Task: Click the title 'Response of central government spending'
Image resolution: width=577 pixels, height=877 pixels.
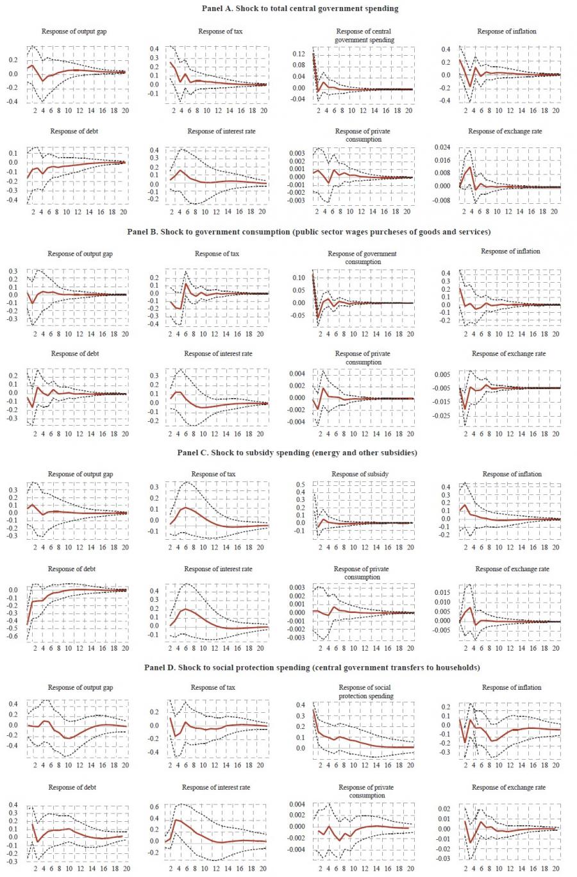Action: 364,35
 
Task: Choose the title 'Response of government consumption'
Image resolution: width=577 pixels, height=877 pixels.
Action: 362,258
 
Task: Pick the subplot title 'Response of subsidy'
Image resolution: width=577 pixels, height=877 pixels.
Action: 360,474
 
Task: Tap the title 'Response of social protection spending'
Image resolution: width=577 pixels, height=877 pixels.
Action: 364,692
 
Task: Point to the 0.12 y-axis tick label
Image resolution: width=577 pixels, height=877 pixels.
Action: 299,54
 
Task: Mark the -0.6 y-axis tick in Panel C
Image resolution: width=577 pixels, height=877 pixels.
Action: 12,637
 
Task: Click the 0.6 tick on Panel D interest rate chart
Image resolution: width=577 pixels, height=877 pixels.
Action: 155,807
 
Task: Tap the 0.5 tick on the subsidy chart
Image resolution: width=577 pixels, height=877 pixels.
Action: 300,485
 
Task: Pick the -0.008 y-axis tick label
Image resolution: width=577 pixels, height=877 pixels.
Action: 443,200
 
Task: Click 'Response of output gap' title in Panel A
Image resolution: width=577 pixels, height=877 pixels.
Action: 74,31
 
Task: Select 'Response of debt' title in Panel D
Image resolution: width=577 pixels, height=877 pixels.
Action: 72,787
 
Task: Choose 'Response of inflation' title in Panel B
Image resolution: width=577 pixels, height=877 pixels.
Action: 510,251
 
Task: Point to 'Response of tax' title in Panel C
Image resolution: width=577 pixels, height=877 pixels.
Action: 213,474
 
